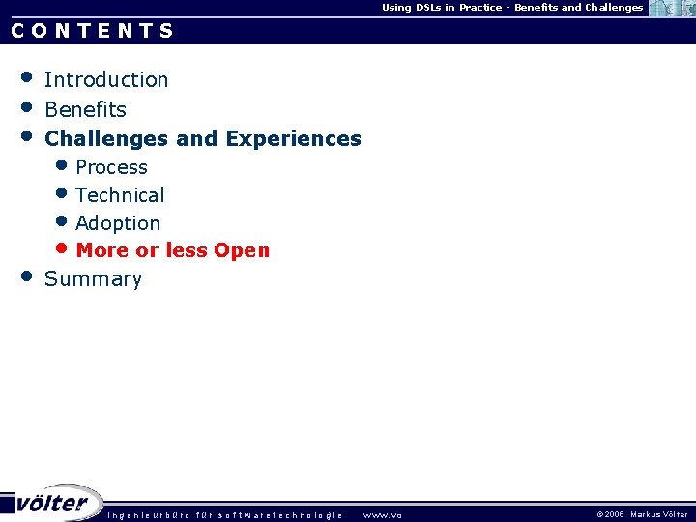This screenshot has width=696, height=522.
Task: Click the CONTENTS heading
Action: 93,30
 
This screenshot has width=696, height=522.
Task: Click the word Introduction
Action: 106,79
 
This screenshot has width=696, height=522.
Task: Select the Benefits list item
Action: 85,109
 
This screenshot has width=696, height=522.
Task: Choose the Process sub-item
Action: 111,167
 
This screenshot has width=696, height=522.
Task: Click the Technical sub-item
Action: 120,195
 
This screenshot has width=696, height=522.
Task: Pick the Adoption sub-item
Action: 118,223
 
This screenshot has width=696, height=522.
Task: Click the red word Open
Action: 242,250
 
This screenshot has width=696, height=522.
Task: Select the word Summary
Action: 93,279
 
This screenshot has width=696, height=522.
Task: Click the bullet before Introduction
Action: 28,76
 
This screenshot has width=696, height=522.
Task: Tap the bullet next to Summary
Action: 28,276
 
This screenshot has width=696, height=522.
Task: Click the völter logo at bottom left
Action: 53,503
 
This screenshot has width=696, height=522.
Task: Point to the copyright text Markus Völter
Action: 659,515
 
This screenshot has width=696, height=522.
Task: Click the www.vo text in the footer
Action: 382,515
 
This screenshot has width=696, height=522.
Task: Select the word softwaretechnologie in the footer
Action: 280,515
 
